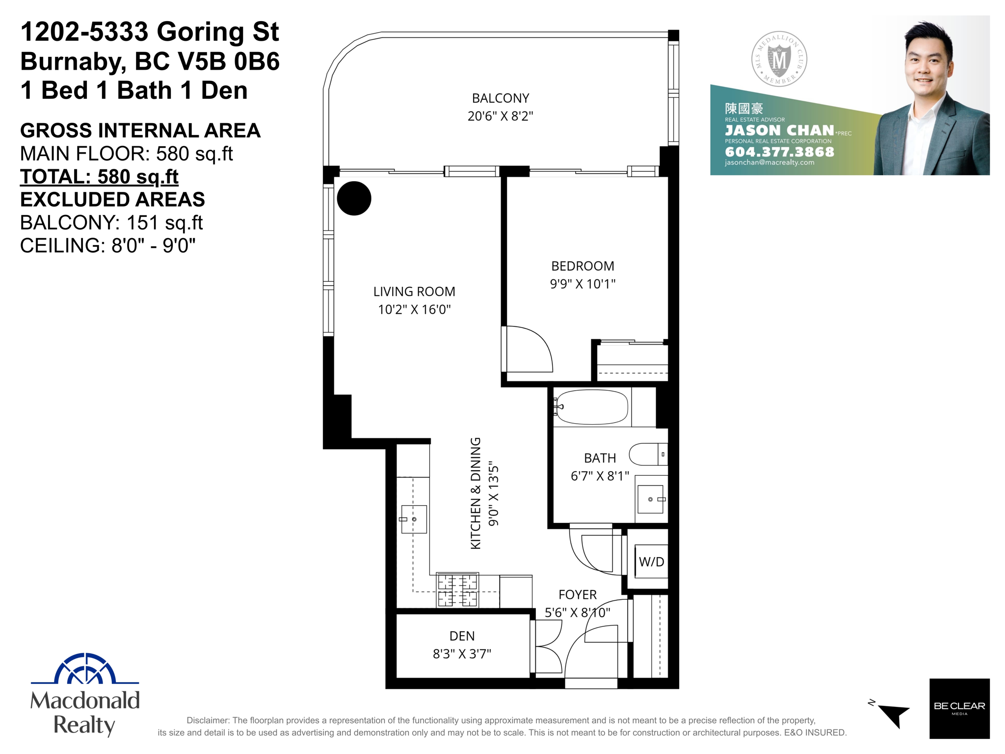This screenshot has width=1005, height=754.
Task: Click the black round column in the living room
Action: tap(354, 198)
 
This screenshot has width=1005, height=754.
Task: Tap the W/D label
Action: tap(651, 562)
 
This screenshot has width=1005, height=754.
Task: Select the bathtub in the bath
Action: tap(591, 407)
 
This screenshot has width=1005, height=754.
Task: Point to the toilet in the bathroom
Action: tap(648, 454)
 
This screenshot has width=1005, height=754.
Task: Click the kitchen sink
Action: tap(414, 519)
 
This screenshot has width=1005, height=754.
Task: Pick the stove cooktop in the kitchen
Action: tap(457, 590)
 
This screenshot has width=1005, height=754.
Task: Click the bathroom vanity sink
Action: tap(651, 499)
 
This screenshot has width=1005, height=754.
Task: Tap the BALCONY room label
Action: tap(501, 98)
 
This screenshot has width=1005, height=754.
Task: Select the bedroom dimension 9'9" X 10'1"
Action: tap(582, 284)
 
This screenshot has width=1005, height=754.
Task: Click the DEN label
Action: tap(462, 636)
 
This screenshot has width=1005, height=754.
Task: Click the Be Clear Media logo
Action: tap(959, 708)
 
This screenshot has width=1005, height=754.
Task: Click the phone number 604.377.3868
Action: tap(779, 152)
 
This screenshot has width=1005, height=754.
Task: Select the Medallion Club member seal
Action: tap(779, 59)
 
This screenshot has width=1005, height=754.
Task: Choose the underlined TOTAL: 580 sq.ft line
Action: tap(99, 177)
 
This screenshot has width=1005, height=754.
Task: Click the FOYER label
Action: tap(578, 594)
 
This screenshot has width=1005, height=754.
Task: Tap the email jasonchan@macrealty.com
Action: tap(769, 162)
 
